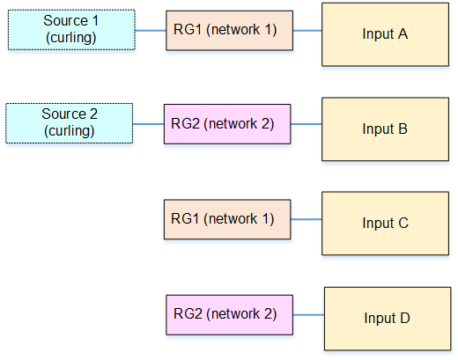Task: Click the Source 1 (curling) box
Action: pos(71,30)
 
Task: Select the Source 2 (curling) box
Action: pos(70,123)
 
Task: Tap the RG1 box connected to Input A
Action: pos(229,31)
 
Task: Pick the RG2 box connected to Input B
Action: pos(227,124)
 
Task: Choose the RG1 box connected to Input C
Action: pos(227,219)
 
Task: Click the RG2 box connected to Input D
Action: pos(229,315)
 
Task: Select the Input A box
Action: pos(385,34)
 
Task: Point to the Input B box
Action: pos(385,129)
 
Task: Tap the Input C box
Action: pos(385,224)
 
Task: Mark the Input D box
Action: pos(388,319)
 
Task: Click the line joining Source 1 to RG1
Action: pos(151,31)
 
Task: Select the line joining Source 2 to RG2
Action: pos(148,124)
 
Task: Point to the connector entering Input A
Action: pos(307,31)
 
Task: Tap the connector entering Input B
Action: pos(307,124)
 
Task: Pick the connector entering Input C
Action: pos(307,219)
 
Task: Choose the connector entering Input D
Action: pos(308,315)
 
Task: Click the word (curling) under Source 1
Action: pos(71,38)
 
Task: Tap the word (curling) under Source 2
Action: pos(70,131)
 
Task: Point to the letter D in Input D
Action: pos(405,318)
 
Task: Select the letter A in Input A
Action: pos(403,33)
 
